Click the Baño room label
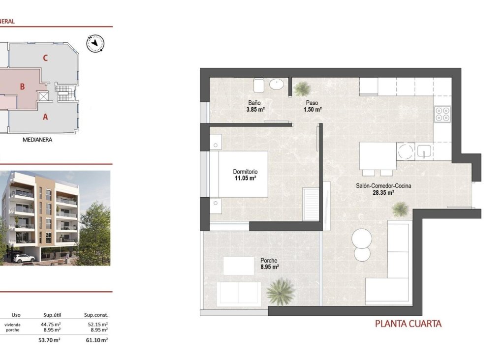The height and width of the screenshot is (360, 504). [x=254, y=103]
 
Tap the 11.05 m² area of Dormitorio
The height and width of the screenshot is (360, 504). [x=245, y=179]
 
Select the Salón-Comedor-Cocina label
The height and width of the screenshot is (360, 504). [x=383, y=186]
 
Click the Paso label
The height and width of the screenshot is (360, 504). [x=312, y=103]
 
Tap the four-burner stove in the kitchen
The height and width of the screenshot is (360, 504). [x=443, y=115]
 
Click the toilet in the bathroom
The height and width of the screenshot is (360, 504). [x=259, y=85]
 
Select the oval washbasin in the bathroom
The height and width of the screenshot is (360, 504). [x=277, y=85]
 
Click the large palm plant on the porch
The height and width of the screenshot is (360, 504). [x=281, y=291]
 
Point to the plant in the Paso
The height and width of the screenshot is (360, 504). [x=302, y=89]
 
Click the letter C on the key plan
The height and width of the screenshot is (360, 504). [x=45, y=58]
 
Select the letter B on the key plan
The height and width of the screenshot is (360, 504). [x=22, y=87]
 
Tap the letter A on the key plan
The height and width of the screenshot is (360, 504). [x=45, y=117]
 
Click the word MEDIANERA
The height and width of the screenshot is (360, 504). [x=37, y=140]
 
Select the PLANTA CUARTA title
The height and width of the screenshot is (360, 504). [x=408, y=324]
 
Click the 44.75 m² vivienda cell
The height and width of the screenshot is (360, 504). [x=51, y=324]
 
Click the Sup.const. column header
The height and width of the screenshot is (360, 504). [x=96, y=315]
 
